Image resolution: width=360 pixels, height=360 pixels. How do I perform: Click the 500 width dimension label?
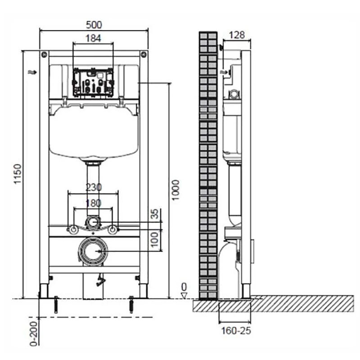[x=94, y=25]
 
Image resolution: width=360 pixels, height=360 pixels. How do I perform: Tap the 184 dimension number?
[x=93, y=38]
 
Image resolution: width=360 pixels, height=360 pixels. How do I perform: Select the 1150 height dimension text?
[x=18, y=174]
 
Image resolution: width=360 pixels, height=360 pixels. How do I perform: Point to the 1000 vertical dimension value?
[x=175, y=190]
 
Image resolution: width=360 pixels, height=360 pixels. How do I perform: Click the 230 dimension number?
[x=94, y=187]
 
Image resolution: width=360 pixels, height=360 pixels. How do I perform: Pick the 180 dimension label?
[x=94, y=203]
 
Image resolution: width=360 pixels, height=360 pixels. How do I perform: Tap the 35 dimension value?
[x=156, y=214]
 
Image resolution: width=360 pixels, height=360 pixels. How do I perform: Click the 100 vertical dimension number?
[x=155, y=239]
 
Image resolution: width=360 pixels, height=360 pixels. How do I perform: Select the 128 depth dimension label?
[x=237, y=35]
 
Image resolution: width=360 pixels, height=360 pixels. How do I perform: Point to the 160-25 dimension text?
[x=236, y=331]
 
